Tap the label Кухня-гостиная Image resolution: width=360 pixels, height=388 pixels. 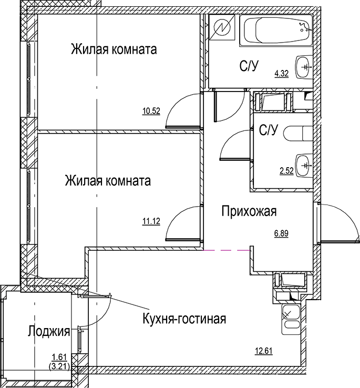pos(184,319)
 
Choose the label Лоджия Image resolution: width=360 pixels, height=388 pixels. pos(49,331)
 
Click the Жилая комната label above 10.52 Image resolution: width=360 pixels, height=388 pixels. pos(114,50)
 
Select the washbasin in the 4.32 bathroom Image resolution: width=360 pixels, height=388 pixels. pos(303,67)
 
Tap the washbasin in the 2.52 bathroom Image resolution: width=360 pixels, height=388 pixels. pos(303,165)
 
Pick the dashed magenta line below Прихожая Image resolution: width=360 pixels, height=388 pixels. pos(227,250)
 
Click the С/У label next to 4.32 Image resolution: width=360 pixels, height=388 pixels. pos(250,66)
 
